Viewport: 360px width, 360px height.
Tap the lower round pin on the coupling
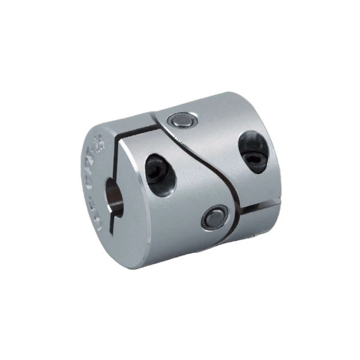pos(215,219)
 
